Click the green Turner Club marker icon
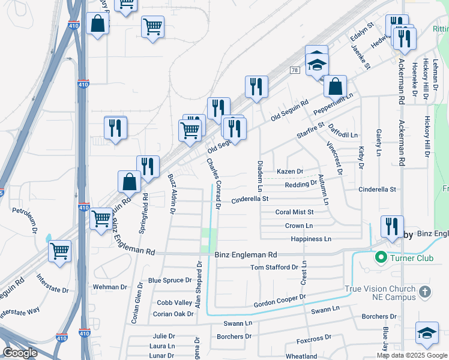coord(379,258)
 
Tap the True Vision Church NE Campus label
coord(381,293)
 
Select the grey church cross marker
coord(424,292)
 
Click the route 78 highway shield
coord(294,70)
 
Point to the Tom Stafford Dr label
coord(274,267)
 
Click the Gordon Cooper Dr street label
coord(280,301)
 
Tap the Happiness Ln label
coord(311,239)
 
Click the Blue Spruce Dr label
coord(170,280)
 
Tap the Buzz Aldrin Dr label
coord(172,194)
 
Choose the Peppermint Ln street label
coord(334,104)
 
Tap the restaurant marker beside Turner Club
coord(391,227)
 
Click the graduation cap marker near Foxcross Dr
coord(427,333)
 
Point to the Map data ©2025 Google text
coord(412,355)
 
